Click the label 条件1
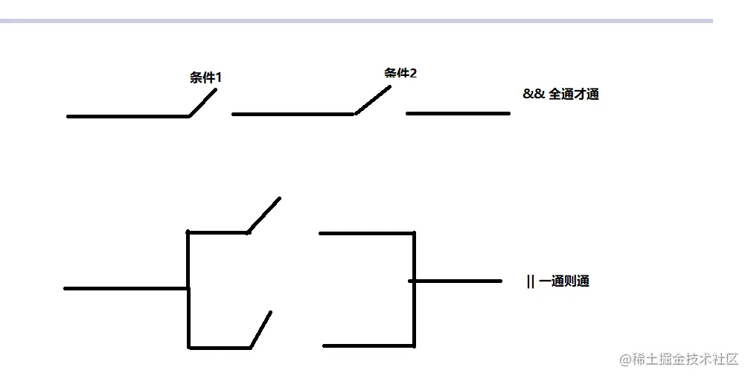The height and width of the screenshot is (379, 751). (205, 77)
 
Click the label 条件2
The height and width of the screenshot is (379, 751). (400, 73)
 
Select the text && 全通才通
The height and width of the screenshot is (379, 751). (560, 95)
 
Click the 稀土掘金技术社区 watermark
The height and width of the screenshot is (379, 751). (678, 359)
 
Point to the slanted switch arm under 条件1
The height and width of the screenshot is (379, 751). (203, 102)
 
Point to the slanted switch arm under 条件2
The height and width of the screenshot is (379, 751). (373, 100)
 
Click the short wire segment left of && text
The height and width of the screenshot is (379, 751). (458, 113)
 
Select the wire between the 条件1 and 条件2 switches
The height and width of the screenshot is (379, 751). (293, 114)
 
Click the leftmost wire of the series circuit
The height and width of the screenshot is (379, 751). (127, 116)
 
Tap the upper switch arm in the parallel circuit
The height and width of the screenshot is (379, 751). (264, 214)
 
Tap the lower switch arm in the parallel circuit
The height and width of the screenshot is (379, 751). (261, 330)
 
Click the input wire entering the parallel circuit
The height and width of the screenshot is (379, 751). (125, 288)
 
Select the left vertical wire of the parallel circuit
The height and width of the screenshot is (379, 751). (188, 290)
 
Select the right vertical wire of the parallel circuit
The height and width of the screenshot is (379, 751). (414, 290)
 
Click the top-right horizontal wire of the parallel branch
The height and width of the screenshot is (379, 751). (366, 233)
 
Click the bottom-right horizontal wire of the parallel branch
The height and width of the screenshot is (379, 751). (368, 345)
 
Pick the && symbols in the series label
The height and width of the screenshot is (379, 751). (533, 95)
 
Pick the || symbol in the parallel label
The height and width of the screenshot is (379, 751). (530, 281)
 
